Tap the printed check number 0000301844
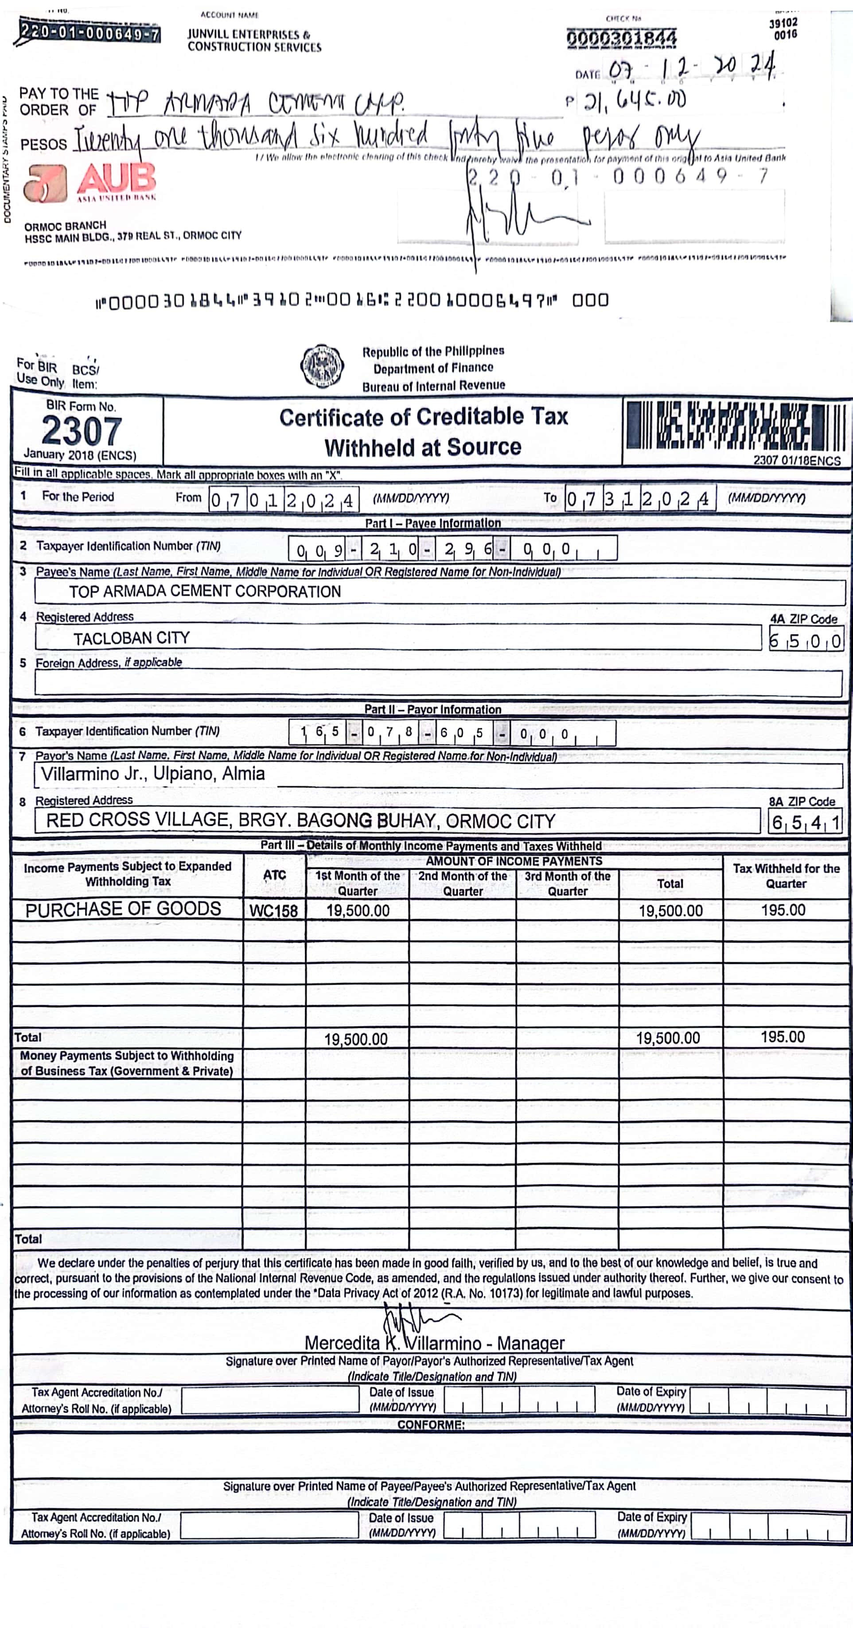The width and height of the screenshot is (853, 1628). click(x=621, y=38)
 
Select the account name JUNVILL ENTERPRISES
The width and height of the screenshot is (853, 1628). click(x=254, y=40)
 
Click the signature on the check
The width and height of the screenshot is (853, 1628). click(x=518, y=218)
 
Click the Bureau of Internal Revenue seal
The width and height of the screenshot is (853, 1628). click(x=322, y=365)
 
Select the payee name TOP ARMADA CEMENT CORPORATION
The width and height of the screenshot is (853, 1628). click(x=205, y=591)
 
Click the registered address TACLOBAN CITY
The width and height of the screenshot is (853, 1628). click(x=132, y=638)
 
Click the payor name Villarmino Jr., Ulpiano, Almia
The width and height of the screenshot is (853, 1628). click(x=153, y=774)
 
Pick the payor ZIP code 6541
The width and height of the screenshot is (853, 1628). click(x=806, y=823)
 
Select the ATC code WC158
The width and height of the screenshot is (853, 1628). click(x=273, y=911)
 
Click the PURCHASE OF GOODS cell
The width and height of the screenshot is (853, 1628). click(x=123, y=909)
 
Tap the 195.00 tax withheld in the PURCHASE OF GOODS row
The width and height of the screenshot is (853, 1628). click(x=783, y=910)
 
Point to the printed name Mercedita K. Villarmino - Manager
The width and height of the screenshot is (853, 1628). click(x=434, y=1342)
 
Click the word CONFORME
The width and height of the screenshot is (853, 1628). click(x=431, y=1425)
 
